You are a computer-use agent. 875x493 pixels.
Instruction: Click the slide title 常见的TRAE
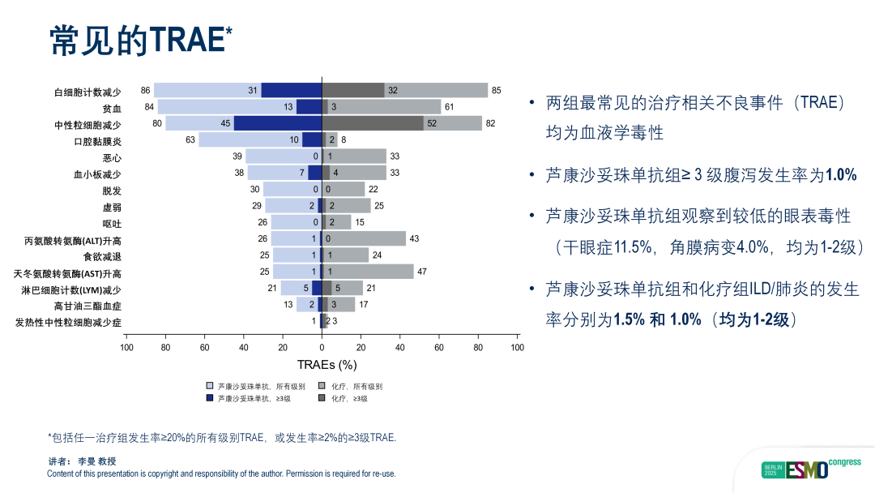[x=140, y=40]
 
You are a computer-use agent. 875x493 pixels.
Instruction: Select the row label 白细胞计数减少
[x=87, y=92]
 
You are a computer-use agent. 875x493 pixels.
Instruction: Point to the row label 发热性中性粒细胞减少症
[x=68, y=323]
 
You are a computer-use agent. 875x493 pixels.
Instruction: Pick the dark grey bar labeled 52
[x=373, y=123]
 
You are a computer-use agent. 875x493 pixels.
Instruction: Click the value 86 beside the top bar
[x=146, y=90]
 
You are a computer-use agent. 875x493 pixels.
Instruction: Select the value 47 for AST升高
[x=422, y=272]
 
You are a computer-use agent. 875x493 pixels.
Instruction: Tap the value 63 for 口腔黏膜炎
[x=190, y=139]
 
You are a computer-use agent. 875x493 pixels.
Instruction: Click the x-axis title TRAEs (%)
[x=327, y=365]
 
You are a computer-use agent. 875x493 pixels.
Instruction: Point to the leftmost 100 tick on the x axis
[x=127, y=348]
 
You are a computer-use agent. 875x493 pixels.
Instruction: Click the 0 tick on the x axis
[x=322, y=348]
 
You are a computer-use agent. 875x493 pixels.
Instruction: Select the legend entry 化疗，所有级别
[x=351, y=386]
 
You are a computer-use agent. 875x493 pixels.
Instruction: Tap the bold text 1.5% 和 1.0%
[x=657, y=319]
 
